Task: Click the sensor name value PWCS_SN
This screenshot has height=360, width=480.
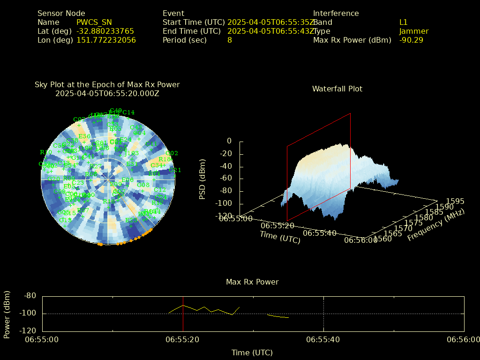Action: coord(95,22)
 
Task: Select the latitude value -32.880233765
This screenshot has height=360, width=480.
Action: coord(105,31)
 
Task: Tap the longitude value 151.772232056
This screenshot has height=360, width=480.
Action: coord(106,40)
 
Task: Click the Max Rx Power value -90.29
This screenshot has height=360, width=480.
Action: coord(411,40)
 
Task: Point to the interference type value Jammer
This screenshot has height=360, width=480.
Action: coord(414,31)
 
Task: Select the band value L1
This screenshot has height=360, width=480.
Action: coord(404,22)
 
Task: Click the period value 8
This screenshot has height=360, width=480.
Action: coord(230,40)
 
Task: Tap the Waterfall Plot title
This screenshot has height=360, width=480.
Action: coord(337,89)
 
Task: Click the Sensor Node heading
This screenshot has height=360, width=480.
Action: coord(61,14)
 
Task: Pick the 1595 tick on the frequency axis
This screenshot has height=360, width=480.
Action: coord(455,201)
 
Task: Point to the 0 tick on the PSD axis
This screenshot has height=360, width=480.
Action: coord(229,141)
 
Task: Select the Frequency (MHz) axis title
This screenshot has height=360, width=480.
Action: coord(435,225)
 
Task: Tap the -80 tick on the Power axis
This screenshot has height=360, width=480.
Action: coord(30,296)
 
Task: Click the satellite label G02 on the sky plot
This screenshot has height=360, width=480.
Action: coord(172,153)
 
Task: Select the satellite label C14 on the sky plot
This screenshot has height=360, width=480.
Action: coord(128,112)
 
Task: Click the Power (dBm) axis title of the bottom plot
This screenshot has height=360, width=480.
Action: coord(7,313)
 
